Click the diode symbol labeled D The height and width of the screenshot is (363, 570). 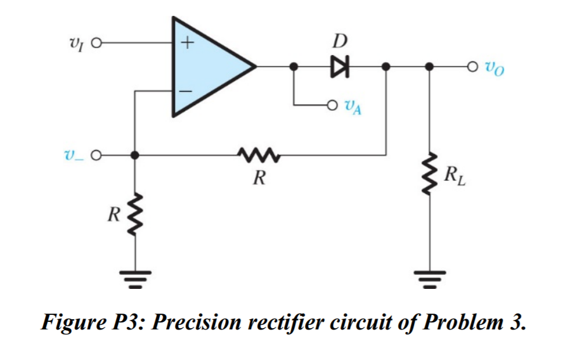341,66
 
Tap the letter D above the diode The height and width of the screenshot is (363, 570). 340,42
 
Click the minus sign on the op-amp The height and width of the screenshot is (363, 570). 186,91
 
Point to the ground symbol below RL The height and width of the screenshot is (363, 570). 431,276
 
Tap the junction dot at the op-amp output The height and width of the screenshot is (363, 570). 294,66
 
